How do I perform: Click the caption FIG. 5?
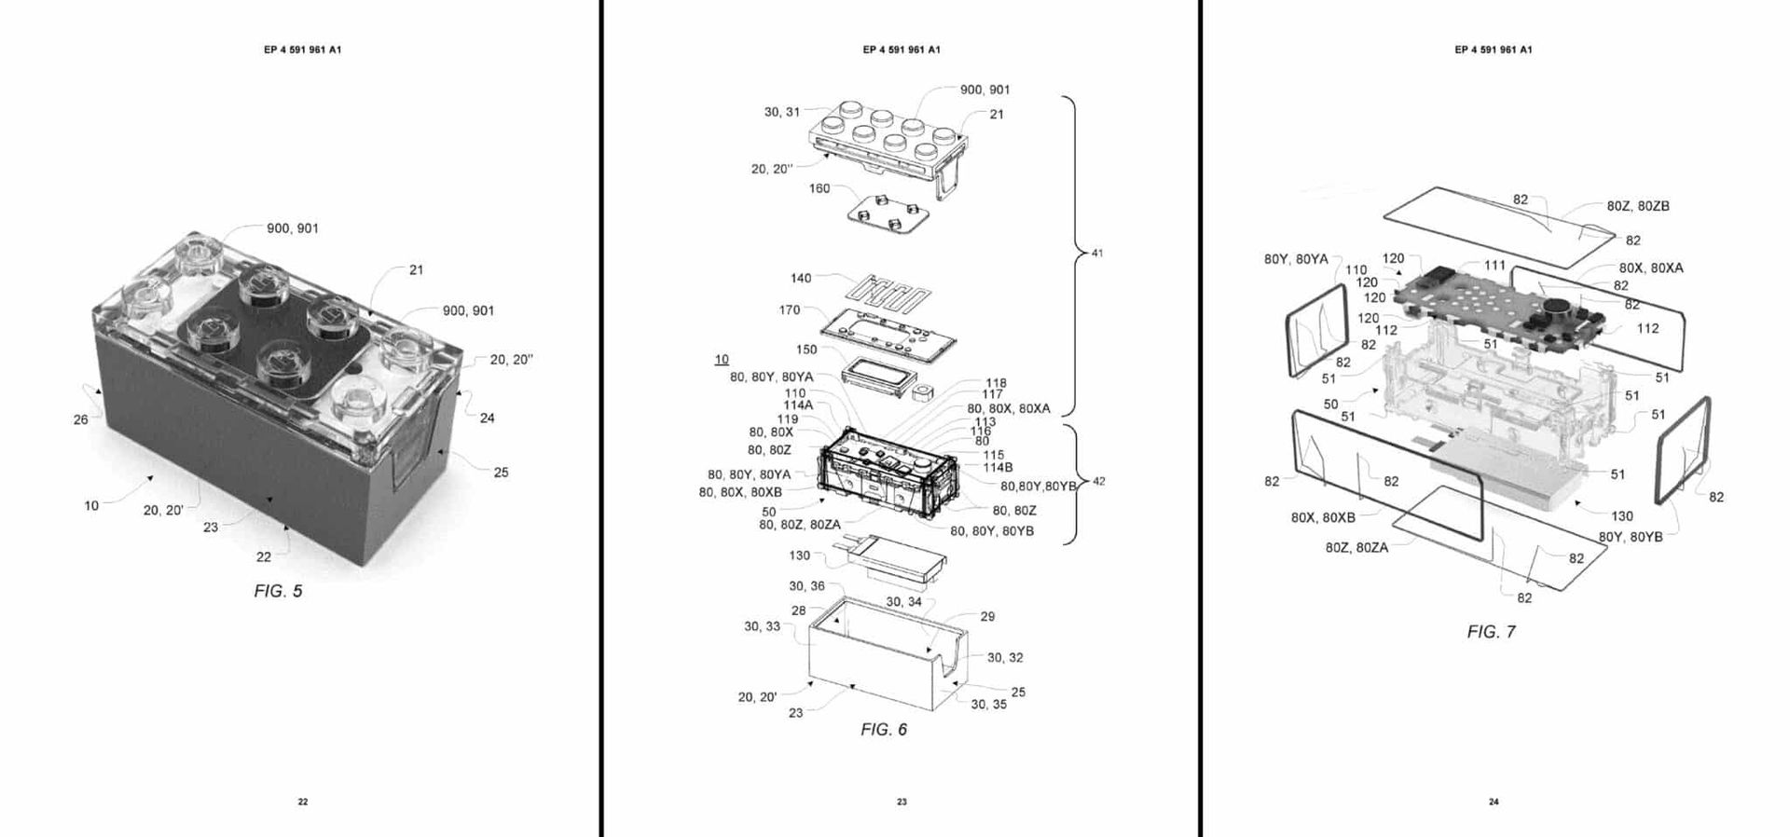tap(278, 591)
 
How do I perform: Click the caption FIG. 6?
tap(883, 729)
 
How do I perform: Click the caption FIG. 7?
tap(1491, 632)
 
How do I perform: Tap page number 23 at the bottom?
tap(902, 802)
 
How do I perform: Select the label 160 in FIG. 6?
tap(819, 188)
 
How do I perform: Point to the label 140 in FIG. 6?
tap(800, 278)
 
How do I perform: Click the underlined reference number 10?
tap(722, 359)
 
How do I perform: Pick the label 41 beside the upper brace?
tap(1096, 253)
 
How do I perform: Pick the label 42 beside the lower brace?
tap(1098, 481)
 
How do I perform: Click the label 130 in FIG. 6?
tap(799, 556)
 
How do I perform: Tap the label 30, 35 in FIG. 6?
tap(988, 705)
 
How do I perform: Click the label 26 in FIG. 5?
tap(81, 419)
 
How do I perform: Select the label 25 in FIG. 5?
tap(501, 473)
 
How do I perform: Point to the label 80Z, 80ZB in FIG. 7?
tap(1638, 206)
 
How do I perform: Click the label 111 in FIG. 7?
tap(1494, 266)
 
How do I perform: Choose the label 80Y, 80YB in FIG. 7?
tap(1630, 537)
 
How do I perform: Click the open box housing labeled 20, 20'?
tap(881, 662)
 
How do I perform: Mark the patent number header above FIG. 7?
tap(1493, 49)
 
